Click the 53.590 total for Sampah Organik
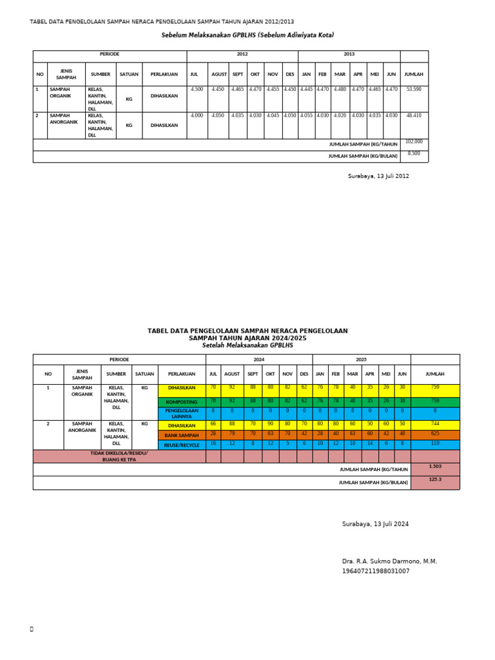pos(414,90)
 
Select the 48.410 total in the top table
pos(414,115)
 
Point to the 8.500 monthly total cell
pos(414,153)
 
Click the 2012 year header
pos(242,55)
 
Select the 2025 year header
pos(362,360)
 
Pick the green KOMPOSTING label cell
pos(182,402)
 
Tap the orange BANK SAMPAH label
pos(182,436)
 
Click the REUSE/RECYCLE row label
pos(182,445)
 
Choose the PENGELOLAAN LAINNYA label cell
pos(182,413)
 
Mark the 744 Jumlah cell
pos(435,425)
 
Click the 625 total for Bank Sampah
pos(435,435)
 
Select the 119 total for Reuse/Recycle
pos(435,444)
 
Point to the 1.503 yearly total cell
pos(435,467)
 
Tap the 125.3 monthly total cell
pos(435,480)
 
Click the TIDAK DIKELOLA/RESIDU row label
pos(119,456)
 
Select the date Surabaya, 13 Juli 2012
pos(378,176)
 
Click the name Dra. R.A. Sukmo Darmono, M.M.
pos(389,561)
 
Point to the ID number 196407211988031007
pos(376,571)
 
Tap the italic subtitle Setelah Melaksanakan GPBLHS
pos(247,345)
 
